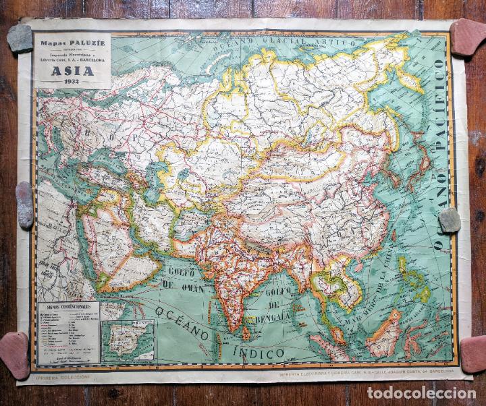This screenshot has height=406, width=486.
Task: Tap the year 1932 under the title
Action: [x=72, y=82]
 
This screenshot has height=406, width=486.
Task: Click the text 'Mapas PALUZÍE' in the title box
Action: [x=72, y=42]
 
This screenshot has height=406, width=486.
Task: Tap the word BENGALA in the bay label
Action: [x=273, y=316]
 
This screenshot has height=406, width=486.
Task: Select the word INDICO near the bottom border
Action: [x=259, y=352]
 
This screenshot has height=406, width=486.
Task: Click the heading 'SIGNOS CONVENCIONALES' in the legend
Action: [x=67, y=307]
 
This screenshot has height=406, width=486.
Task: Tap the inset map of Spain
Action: [x=128, y=341]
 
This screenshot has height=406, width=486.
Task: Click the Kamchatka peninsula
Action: [x=408, y=78]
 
